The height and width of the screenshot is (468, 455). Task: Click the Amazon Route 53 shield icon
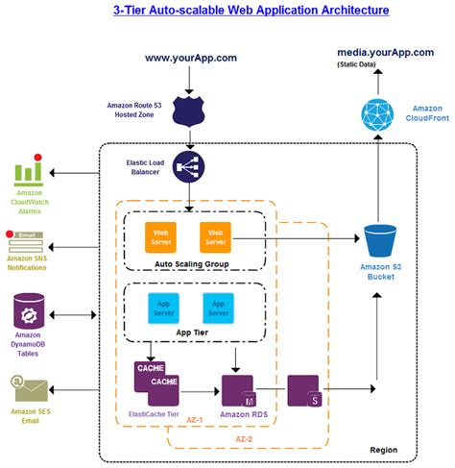point(189,111)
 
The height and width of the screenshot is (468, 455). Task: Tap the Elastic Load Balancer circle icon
point(189,167)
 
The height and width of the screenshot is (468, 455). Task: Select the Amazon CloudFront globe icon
point(377,115)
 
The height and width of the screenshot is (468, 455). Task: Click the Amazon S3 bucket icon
point(380,241)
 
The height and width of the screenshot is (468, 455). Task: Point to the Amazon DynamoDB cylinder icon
point(29,311)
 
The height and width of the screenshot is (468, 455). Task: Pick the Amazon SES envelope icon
point(29,388)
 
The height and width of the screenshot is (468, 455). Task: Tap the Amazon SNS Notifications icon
point(25,242)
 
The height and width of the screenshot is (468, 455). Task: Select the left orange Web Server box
point(160,237)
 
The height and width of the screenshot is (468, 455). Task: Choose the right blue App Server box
point(218,308)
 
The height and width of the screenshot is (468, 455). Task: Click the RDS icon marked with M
point(239,391)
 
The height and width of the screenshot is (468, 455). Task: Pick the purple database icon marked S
point(304,391)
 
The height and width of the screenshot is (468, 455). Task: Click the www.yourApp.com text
point(191,58)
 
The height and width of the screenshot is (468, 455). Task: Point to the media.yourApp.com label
point(386,53)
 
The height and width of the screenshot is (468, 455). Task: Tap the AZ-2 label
point(244,439)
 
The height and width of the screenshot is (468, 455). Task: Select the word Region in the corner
point(384,450)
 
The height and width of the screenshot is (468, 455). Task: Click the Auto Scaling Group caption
point(192,264)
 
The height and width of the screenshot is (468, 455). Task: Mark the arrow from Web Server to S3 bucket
point(296,238)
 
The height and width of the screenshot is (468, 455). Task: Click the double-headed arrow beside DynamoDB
point(73,315)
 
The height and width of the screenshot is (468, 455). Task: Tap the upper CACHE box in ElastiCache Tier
point(150,374)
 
